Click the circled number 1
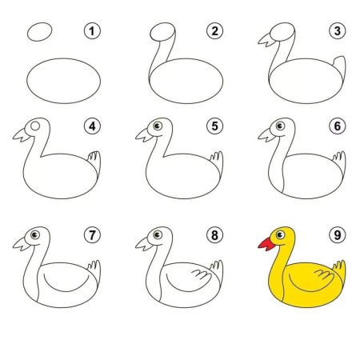click(92, 31)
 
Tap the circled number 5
click(215, 126)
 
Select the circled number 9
click(338, 235)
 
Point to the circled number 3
click(338, 31)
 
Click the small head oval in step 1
click(39, 32)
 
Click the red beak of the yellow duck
click(266, 244)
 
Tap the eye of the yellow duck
click(280, 234)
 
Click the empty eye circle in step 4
click(35, 126)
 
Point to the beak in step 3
click(266, 40)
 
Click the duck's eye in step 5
click(158, 126)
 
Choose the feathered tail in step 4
click(94, 162)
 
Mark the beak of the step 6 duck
click(266, 135)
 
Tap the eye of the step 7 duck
click(35, 235)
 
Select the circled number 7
click(92, 235)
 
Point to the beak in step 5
click(143, 135)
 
